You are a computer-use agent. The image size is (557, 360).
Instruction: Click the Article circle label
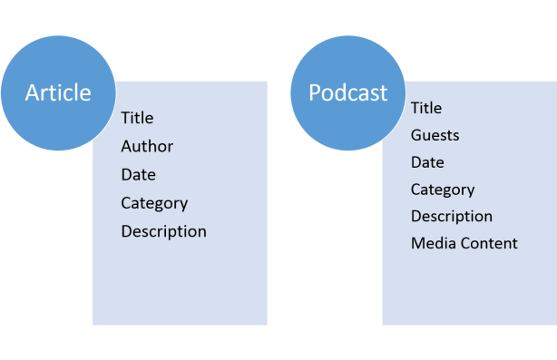58,92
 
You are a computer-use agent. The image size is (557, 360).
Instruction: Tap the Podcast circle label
347,92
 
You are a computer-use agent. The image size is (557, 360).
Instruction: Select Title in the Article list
137,118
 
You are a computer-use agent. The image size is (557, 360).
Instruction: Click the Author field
147,146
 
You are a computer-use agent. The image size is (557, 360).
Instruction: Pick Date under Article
138,174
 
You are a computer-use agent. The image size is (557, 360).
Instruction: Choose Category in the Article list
154,203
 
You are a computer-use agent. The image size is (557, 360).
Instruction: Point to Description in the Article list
163,231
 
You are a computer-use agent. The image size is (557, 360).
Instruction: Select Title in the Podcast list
426,108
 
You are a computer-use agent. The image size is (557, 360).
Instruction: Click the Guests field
435,135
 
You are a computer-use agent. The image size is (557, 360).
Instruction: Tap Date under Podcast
427,162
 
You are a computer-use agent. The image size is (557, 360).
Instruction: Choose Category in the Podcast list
443,190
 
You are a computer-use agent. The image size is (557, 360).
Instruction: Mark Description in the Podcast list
452,217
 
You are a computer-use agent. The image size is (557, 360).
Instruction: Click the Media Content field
464,243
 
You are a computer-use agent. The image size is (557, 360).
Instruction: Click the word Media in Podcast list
432,243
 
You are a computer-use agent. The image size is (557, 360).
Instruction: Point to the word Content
487,243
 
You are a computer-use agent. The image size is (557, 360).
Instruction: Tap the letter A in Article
33,92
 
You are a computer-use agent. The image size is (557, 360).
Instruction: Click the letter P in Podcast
315,92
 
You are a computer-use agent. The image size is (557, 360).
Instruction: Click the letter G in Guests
415,135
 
